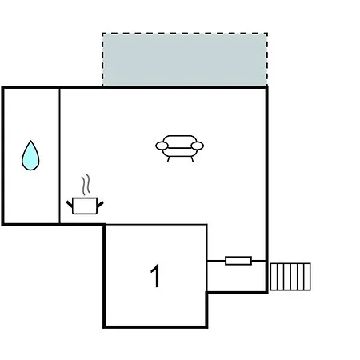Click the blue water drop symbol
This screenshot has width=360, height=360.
click(30, 157)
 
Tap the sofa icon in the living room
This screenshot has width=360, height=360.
click(179, 148)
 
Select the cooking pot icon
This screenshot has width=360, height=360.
click(85, 206)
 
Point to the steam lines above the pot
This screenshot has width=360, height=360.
click(86, 185)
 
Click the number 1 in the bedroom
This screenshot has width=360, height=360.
click(155, 276)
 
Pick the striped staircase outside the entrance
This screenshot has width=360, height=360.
click(290, 277)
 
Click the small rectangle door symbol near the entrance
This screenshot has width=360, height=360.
click(238, 261)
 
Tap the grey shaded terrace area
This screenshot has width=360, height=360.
click(185, 59)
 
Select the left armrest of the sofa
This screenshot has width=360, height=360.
click(162, 146)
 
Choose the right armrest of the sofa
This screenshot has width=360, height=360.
click(198, 146)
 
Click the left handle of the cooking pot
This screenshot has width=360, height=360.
click(70, 205)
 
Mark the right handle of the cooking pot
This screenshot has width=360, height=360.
click(100, 205)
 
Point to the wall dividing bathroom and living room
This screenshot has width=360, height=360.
click(59, 156)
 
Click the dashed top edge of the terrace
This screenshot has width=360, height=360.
click(185, 34)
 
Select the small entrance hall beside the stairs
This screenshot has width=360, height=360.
click(237, 276)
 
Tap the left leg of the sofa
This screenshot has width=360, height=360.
click(168, 159)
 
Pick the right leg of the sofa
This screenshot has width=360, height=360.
click(192, 159)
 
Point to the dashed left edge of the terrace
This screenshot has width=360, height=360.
click(102, 59)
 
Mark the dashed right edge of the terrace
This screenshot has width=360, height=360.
click(267, 59)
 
